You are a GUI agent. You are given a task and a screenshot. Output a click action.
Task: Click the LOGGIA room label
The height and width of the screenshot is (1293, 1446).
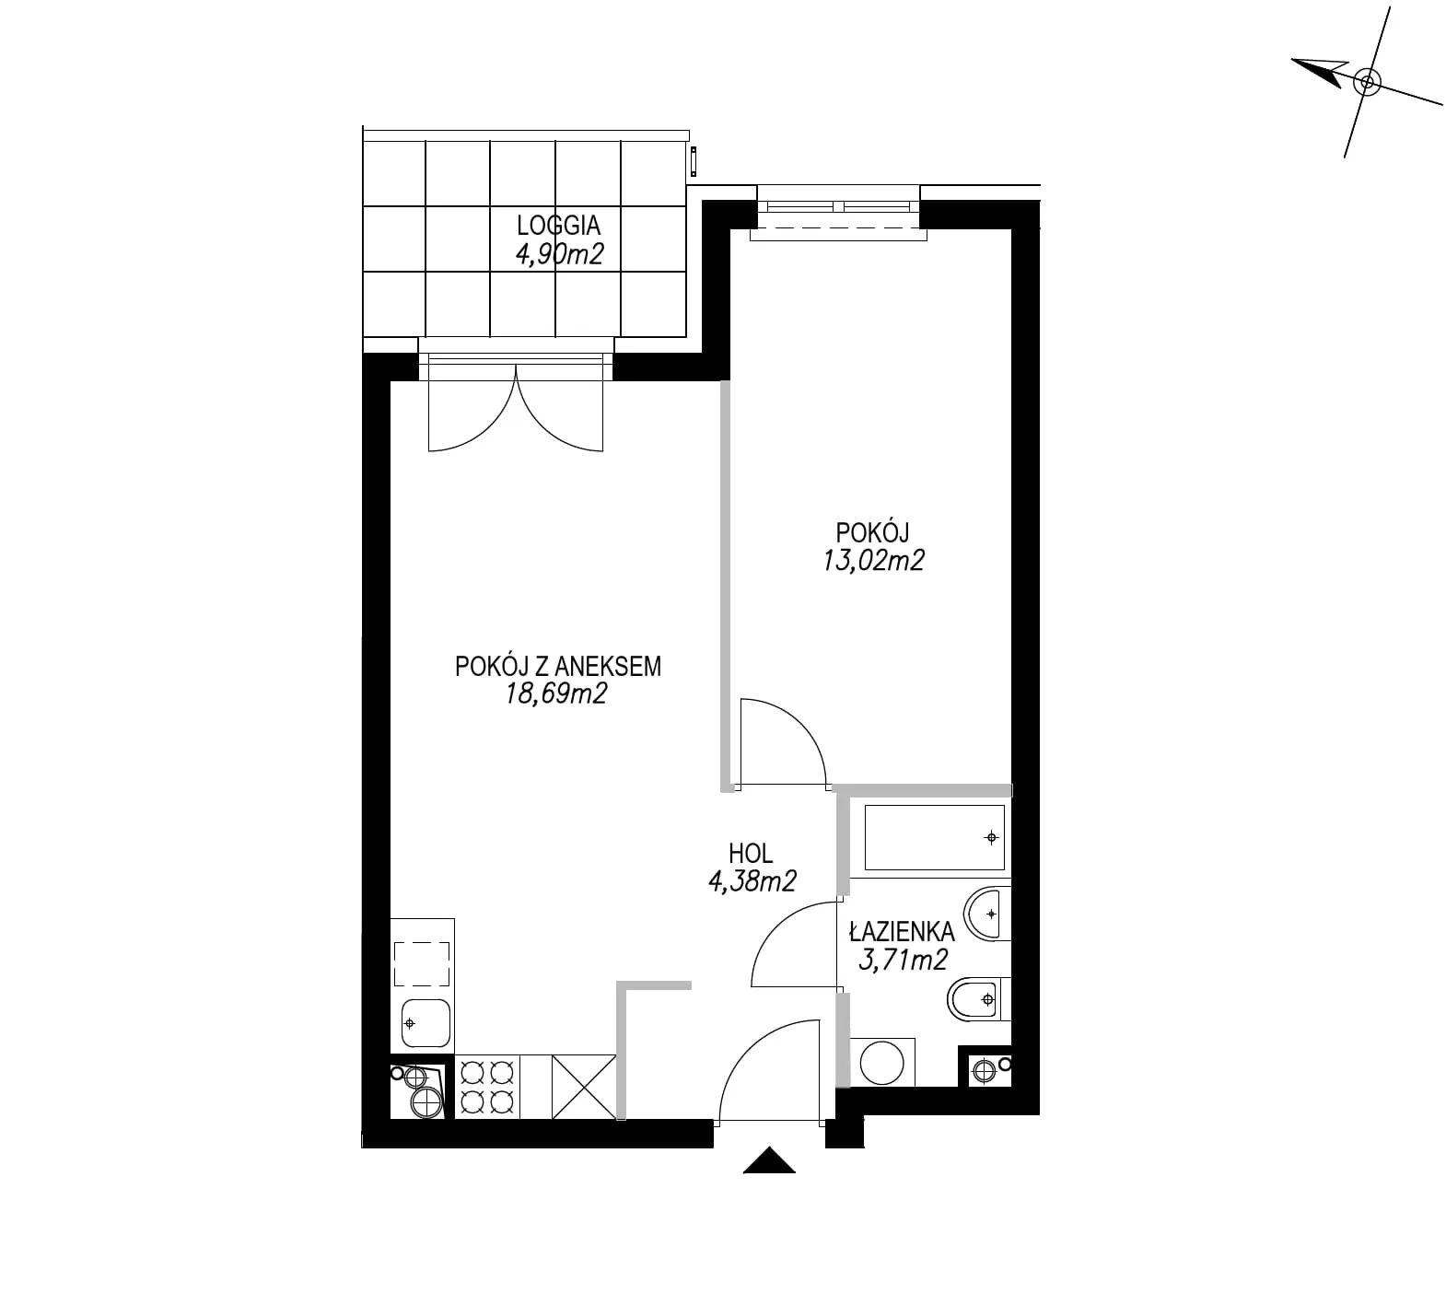click(558, 226)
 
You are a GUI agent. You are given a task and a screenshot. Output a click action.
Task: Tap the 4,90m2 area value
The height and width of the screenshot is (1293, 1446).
click(559, 254)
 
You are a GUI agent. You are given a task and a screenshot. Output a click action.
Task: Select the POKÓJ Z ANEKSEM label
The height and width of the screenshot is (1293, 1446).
click(558, 666)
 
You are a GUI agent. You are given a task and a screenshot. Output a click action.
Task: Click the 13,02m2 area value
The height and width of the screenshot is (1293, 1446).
click(873, 560)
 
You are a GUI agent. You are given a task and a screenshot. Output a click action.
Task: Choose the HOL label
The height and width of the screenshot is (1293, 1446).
click(751, 853)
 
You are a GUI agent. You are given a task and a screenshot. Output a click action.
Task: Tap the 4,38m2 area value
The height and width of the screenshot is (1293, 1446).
click(752, 881)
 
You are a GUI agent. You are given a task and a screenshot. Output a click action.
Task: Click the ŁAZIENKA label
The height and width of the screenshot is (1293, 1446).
click(902, 932)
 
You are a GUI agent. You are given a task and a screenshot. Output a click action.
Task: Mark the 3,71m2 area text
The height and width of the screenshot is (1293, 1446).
click(903, 961)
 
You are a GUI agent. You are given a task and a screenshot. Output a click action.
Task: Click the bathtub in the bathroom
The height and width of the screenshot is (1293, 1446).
click(934, 837)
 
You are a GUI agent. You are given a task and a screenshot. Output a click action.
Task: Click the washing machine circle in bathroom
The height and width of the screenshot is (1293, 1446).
click(882, 1063)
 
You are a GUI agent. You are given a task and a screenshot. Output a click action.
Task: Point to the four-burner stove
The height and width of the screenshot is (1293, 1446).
click(487, 1087)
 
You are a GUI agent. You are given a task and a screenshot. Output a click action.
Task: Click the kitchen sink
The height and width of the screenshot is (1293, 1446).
click(426, 1023)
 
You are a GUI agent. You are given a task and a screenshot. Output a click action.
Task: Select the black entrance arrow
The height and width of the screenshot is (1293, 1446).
click(769, 1160)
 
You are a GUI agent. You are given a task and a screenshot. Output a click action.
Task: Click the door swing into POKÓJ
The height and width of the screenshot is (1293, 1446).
click(783, 742)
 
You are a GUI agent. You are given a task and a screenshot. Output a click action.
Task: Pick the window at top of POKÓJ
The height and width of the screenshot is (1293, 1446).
click(838, 213)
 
